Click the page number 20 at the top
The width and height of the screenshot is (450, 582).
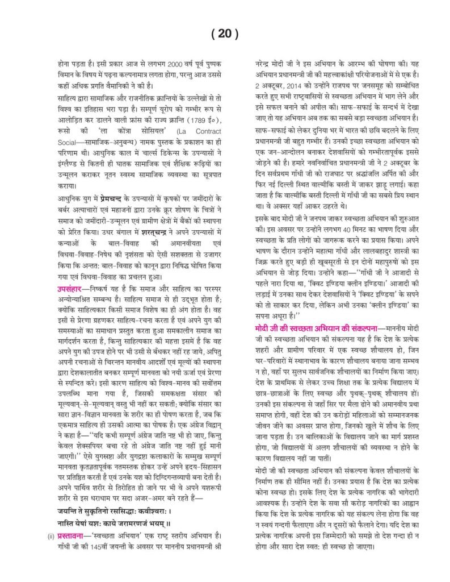224,34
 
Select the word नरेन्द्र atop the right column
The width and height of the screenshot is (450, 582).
260,64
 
